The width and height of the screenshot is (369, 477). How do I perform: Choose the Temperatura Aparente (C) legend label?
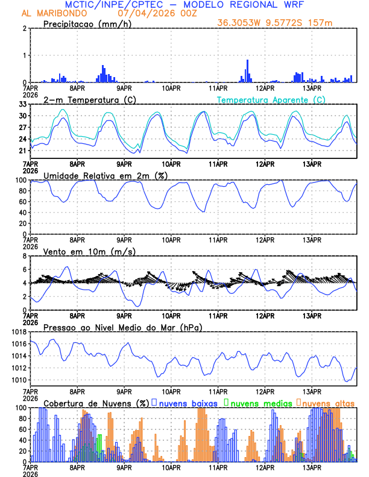click(271, 99)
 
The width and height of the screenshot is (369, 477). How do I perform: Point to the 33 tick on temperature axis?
click(23, 104)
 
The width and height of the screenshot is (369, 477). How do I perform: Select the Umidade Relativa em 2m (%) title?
click(99, 175)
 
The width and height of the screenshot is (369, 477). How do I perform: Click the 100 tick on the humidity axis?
click(20, 180)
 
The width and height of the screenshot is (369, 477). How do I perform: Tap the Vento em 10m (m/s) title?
click(89, 251)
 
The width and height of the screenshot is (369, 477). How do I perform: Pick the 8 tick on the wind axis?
click(25, 256)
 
